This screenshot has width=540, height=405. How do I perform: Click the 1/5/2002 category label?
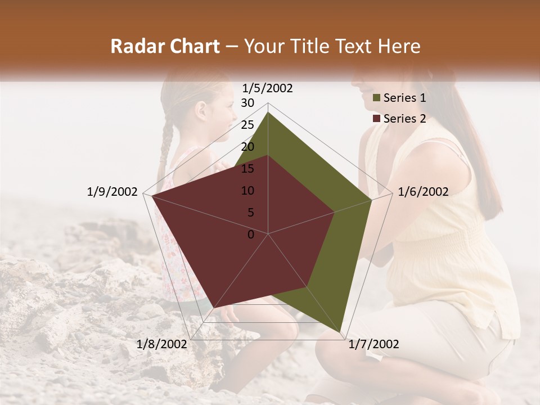coord(268,88)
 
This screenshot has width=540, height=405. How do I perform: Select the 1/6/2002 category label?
coord(423,192)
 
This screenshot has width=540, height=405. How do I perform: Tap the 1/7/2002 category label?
coord(373,344)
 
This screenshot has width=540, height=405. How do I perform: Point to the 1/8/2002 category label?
coord(162,344)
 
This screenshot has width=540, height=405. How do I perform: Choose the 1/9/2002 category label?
coord(112,192)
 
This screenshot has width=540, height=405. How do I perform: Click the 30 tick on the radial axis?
coord(247,103)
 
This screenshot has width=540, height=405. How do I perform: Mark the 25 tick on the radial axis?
coord(247,125)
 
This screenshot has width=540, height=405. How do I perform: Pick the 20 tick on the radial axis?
coord(247,147)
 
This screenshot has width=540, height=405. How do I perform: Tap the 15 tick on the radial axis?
coord(247,169)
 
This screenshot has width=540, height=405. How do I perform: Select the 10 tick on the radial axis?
coord(247,191)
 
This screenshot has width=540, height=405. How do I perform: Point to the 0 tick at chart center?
coord(251,235)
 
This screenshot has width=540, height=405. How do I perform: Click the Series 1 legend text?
coord(404,98)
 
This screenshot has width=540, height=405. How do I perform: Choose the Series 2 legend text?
coord(404,119)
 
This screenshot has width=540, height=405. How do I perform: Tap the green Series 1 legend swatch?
coord(377,98)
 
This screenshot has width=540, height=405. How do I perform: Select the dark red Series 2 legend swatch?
coord(377,119)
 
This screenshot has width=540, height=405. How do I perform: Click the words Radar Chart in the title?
coord(165,46)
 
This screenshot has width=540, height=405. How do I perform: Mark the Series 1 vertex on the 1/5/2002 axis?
coord(268,112)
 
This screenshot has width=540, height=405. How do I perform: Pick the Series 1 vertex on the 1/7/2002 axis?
coord(341,333)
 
